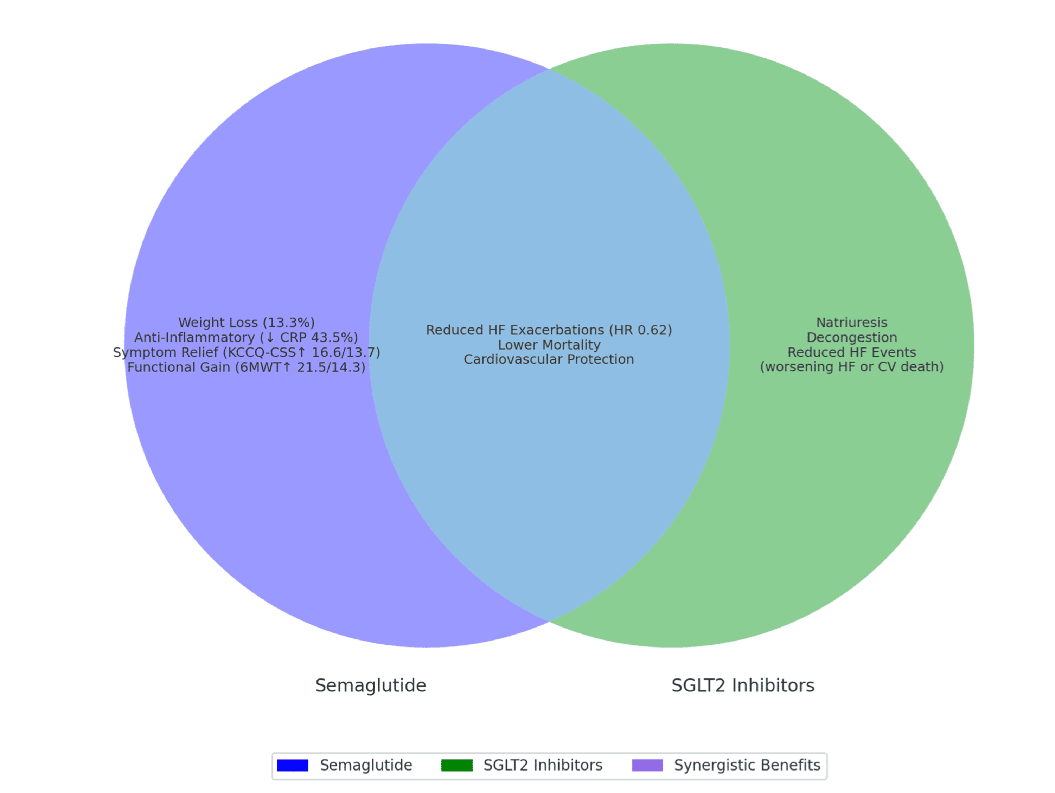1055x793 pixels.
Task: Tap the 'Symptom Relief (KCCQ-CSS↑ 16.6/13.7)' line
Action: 247,353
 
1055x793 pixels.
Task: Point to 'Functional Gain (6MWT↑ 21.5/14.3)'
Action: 247,368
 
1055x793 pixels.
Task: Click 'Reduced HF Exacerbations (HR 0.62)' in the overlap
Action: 549,330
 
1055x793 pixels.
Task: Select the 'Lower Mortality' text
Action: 549,345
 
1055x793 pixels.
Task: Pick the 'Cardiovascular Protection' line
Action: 549,359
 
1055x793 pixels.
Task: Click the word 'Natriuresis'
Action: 852,323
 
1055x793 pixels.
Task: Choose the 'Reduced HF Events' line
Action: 852,353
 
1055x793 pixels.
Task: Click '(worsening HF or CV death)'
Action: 852,368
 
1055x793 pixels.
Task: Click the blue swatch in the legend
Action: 293,765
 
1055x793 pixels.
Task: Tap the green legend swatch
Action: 457,765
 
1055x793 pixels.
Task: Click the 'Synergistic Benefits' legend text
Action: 747,765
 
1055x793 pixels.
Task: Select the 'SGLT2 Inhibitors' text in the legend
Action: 543,765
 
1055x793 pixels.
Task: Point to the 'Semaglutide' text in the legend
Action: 366,765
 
